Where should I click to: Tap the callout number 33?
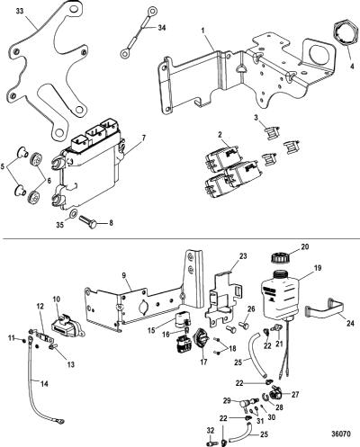click(20, 11)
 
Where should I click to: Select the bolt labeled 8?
click(87, 221)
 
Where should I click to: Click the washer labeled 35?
click(73, 214)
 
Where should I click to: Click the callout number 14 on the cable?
click(44, 384)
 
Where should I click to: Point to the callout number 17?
click(203, 362)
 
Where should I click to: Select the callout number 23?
click(243, 256)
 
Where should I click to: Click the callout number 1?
click(203, 31)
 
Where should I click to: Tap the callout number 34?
click(161, 28)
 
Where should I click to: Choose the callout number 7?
click(144, 139)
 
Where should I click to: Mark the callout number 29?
click(227, 400)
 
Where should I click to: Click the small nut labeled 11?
click(24, 340)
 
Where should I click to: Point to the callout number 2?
click(220, 135)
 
